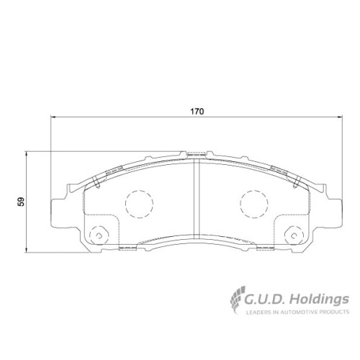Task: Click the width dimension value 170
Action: (197, 112)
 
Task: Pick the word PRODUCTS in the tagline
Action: (335, 312)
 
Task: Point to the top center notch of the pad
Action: (196, 153)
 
